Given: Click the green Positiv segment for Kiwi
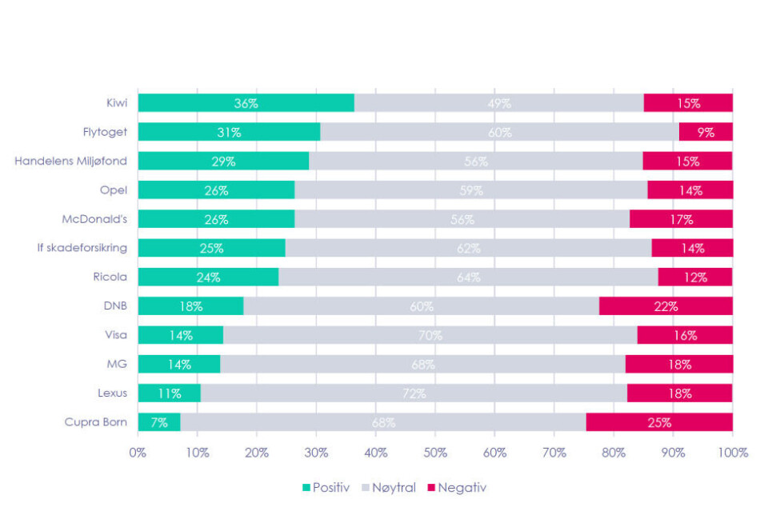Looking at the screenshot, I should click(246, 103).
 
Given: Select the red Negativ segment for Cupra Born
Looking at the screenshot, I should click(659, 422).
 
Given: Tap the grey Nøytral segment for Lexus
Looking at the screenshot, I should click(414, 393).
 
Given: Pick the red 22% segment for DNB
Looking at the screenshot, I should click(666, 306).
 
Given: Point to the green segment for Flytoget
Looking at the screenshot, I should click(229, 132).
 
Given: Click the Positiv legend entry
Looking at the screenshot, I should click(326, 487).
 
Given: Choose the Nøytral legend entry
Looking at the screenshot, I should click(390, 487).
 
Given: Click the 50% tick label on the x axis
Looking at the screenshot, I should click(434, 453).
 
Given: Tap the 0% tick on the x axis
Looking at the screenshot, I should click(138, 453).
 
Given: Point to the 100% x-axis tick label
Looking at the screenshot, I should click(732, 453).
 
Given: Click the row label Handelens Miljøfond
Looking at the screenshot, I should click(70, 162).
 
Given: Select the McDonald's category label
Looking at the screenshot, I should click(94, 219).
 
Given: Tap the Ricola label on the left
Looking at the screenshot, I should click(110, 277).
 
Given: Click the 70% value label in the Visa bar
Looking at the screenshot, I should click(430, 335).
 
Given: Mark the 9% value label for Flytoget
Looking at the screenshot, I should click(706, 132).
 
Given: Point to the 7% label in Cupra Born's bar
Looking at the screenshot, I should click(158, 422).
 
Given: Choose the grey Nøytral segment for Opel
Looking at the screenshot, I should click(470, 190).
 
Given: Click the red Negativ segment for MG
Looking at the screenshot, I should click(678, 365).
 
